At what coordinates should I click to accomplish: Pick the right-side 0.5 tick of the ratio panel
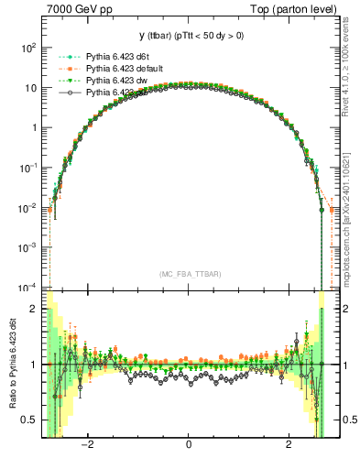(346, 420)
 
